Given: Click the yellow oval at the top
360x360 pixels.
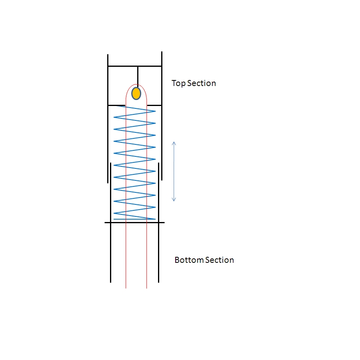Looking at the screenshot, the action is coord(136,94).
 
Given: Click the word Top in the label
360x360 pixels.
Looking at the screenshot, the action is coord(178,83).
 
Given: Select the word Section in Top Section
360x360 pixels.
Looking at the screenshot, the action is coord(202,83).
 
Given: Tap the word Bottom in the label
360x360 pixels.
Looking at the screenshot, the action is coord(189,260).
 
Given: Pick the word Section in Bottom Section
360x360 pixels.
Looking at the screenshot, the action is coord(220,260).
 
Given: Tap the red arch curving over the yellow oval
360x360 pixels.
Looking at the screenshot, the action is coord(136,84).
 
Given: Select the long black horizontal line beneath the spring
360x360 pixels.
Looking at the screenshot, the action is coord(134,222).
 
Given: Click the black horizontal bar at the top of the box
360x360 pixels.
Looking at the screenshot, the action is coord(135,66).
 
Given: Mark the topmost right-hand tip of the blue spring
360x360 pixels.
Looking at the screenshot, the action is coord(156,111).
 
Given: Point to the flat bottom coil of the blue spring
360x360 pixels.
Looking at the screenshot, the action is coord(134,219).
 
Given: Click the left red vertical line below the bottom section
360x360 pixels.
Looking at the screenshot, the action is coord(126,256).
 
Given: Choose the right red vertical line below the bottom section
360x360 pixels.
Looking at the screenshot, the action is coord(147,256).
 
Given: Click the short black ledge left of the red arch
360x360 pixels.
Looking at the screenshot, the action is coord(117,105).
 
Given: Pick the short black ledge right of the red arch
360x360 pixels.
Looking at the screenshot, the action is coord(154,105).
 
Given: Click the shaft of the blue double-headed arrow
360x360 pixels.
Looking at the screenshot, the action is coord(174,172).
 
